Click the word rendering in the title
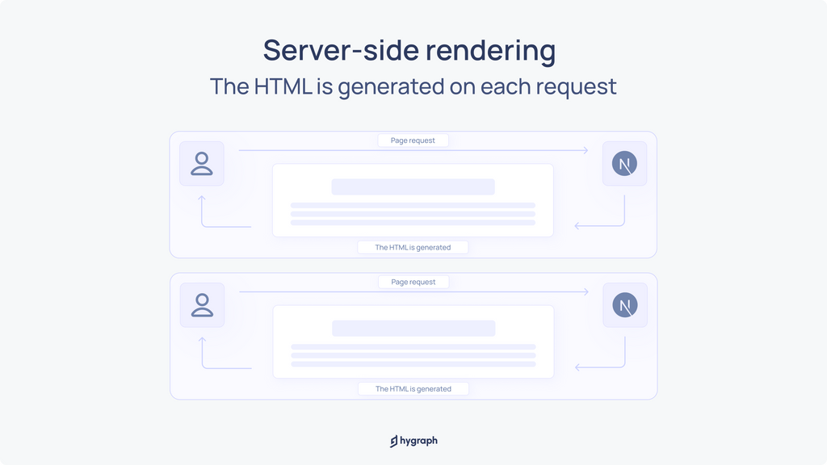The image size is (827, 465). pos(490,51)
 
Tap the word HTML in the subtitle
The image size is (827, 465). pos(283,86)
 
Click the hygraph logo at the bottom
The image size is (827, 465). pos(413,441)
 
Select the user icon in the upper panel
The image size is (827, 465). pos(201,163)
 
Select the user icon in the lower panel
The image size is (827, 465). pos(202,305)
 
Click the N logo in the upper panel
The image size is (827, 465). pos(624,163)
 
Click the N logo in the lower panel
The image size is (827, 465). pos(625,305)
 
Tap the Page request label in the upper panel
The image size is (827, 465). pos(413,140)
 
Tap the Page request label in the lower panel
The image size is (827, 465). pos(413,282)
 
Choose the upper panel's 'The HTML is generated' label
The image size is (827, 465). pos(413,247)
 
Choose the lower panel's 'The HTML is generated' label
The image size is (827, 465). pos(413,389)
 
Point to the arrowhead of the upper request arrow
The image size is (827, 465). pos(586,150)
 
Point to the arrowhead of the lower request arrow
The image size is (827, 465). pos(587,291)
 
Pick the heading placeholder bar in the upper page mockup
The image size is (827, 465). pos(413,186)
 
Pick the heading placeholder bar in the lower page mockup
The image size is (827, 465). pos(413,329)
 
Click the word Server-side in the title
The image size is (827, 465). pos(341,50)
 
